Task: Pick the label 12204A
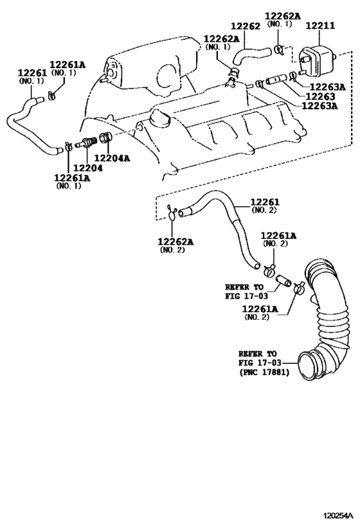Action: coord(113,157)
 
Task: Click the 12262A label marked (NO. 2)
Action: coord(175,241)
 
